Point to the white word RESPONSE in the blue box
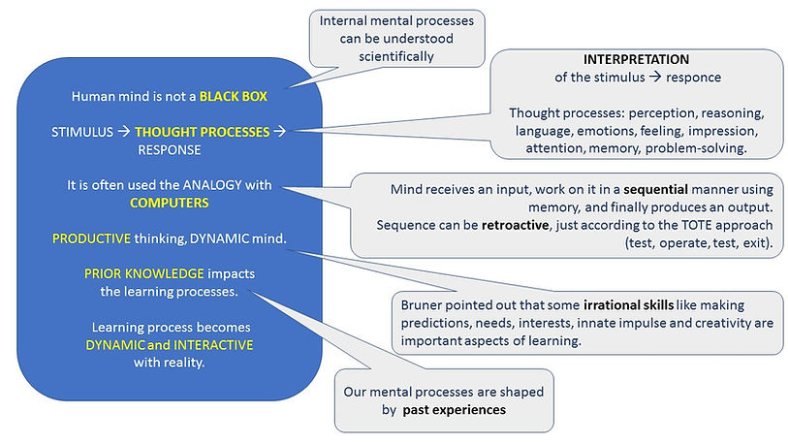168,150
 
